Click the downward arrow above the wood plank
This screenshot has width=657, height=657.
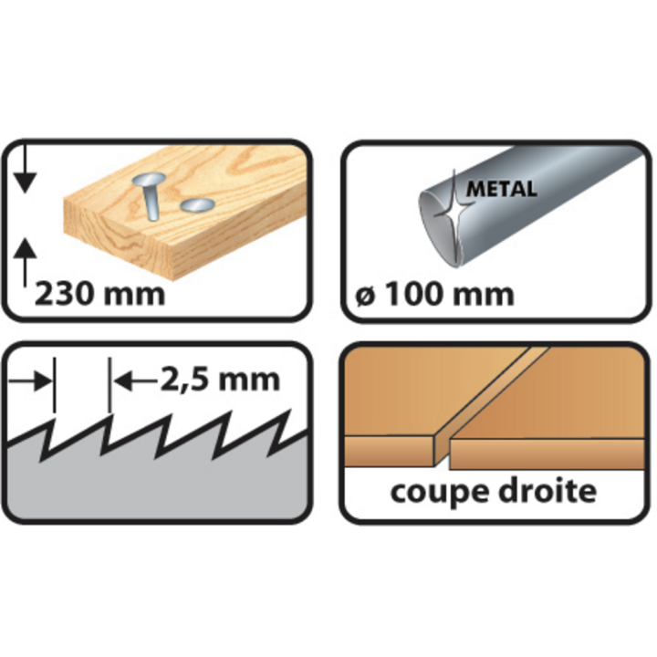(26, 173)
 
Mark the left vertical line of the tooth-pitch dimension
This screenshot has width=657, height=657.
(56, 383)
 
